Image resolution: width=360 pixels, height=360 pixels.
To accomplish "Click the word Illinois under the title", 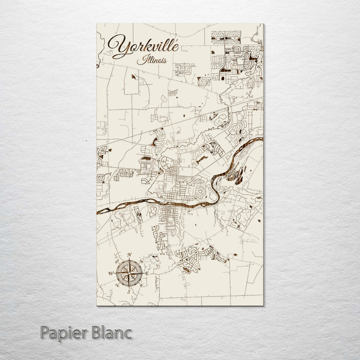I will (151, 61).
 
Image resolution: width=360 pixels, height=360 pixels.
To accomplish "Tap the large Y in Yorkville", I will (120, 46).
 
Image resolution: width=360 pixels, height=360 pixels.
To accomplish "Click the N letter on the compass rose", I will (129, 257).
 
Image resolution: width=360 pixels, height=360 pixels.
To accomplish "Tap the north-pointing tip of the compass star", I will (129, 261).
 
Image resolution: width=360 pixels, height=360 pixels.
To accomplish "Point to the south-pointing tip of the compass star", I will (129, 286).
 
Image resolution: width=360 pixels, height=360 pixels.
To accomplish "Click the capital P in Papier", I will (46, 332).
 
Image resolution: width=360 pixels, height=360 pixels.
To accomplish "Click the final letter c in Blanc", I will (129, 333).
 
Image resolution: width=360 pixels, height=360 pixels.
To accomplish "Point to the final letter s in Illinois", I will (165, 62).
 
